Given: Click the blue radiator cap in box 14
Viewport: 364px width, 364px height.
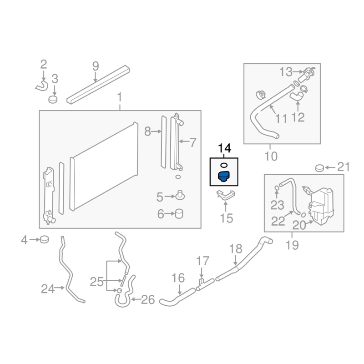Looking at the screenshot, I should click(x=223, y=177).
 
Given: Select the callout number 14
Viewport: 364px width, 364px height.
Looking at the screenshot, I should click(x=225, y=148).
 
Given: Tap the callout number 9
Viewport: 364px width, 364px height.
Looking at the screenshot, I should click(x=95, y=66).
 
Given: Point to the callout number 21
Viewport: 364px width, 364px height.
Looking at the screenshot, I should click(x=344, y=167).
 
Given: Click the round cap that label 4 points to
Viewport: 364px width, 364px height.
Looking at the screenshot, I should click(x=44, y=238).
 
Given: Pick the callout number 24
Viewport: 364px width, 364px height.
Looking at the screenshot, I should click(x=47, y=288).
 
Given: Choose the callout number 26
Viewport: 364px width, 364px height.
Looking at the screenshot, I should click(x=148, y=299).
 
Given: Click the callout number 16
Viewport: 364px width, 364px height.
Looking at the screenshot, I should click(x=178, y=277).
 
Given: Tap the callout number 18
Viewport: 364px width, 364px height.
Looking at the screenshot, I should click(x=236, y=249).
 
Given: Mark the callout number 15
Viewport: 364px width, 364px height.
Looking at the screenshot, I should click(x=226, y=218).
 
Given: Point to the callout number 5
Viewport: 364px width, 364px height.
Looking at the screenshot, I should click(x=160, y=197).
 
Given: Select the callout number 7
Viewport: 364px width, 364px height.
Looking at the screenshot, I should click(x=193, y=143).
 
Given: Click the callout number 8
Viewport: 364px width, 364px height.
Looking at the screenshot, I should click(x=147, y=132).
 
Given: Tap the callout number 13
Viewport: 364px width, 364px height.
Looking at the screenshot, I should click(x=286, y=72).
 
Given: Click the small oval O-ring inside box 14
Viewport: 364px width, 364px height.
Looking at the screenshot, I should click(x=223, y=165).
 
